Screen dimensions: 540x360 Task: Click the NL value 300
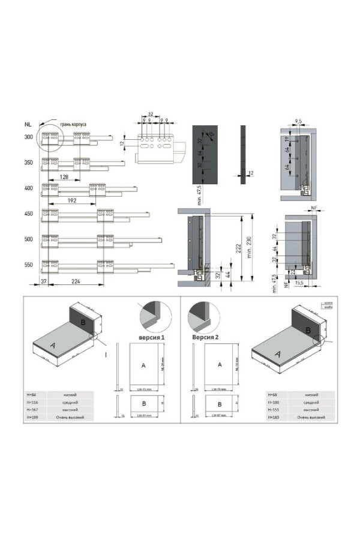(28, 137)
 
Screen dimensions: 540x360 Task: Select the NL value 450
(28, 214)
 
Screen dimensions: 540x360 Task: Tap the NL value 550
(28, 264)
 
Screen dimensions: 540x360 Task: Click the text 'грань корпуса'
(73, 124)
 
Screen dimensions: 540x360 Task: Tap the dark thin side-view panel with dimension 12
(242, 154)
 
